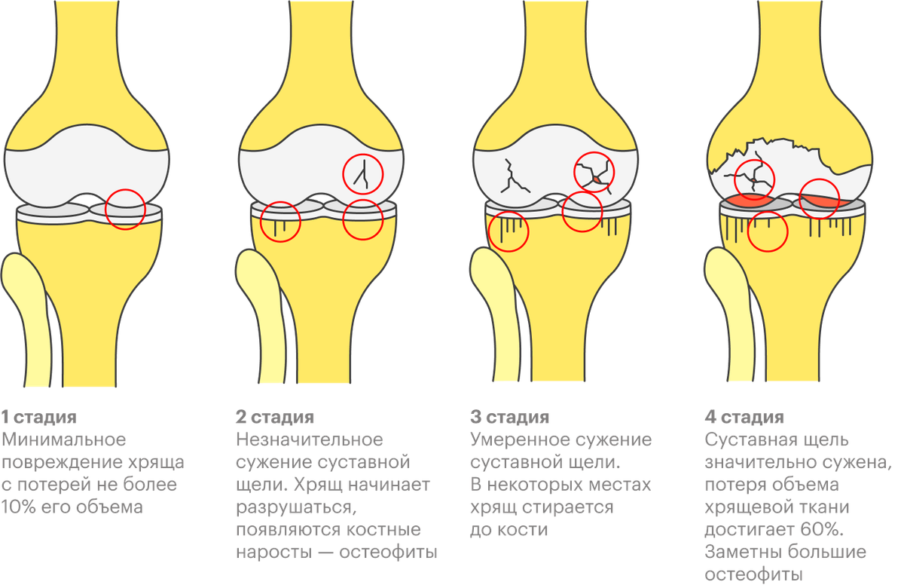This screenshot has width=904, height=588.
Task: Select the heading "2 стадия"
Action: click(276, 418)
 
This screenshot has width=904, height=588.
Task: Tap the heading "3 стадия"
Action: click(510, 418)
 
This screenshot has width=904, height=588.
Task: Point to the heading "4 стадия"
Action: click(746, 418)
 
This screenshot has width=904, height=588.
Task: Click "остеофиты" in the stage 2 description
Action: click(389, 552)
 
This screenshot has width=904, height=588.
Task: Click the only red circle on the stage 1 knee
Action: click(124, 209)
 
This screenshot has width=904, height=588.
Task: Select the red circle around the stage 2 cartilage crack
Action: click(363, 173)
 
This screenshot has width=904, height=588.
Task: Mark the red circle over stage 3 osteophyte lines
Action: click(508, 232)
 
